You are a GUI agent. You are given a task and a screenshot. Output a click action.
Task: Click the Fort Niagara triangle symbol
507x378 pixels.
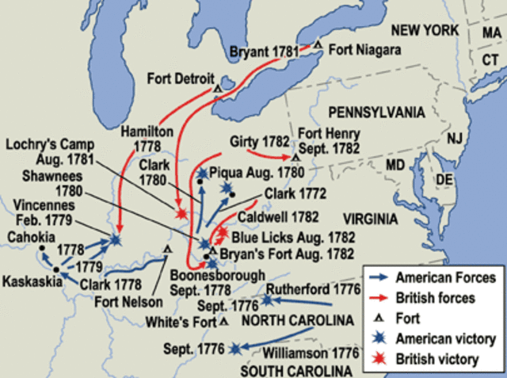tap(317, 44)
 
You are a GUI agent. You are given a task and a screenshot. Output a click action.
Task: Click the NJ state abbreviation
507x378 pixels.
tap(454, 138)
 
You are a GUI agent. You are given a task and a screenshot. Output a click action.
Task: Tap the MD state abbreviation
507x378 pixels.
tap(395, 165)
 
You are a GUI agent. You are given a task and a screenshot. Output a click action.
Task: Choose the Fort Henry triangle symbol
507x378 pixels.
tap(295, 158)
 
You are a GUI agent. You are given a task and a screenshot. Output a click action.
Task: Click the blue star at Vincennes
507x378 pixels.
tap(116, 239)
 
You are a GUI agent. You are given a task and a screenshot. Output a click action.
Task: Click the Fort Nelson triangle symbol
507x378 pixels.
tap(167, 249)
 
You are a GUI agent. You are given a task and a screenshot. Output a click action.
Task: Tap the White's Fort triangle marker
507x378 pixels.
tap(224, 321)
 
